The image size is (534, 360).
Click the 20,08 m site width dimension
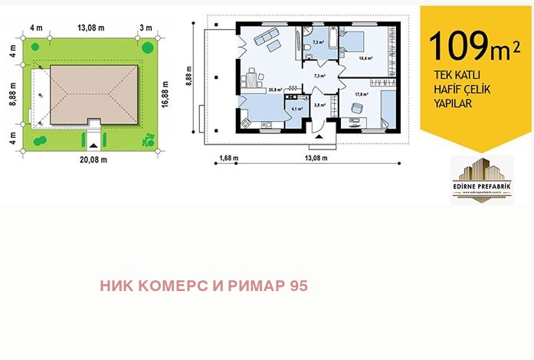pyautogui.click(x=92, y=159)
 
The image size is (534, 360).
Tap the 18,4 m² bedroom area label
pyautogui.click(x=365, y=58)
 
